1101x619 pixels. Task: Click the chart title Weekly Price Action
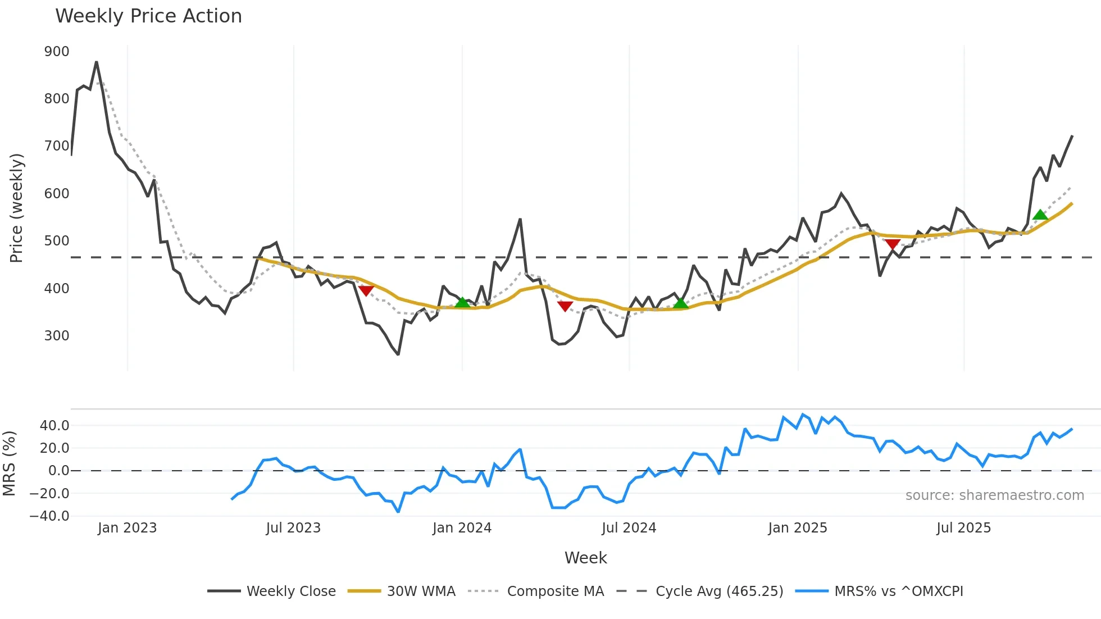(148, 16)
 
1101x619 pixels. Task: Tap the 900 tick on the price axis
(57, 52)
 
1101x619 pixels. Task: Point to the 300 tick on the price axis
(57, 336)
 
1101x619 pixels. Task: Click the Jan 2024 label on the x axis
(462, 528)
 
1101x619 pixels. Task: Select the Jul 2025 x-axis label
(963, 528)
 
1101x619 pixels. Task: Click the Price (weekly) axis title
(16, 208)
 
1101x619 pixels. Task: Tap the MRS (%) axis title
(9, 463)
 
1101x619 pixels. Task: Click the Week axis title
(585, 558)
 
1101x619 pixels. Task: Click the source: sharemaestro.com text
(994, 495)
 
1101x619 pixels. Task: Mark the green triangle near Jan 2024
(462, 303)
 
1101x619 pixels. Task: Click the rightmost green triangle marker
(1040, 215)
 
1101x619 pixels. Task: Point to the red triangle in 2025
(893, 244)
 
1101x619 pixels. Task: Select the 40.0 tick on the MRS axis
(54, 426)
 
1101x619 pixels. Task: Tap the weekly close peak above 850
(97, 62)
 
